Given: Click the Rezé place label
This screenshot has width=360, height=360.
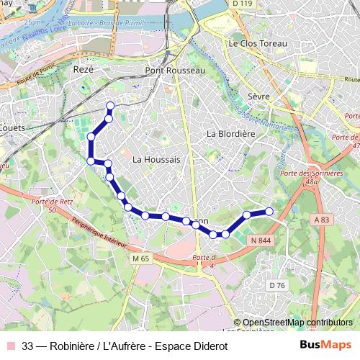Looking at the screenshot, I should pos(84,70).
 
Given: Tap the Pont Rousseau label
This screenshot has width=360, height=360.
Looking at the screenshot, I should pos(175,71).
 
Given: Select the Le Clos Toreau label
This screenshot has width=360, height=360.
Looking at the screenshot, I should pos(257,43).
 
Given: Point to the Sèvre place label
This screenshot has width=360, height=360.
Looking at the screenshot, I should pos(258,96).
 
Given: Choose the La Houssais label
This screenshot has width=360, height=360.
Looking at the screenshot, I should pos(156,158).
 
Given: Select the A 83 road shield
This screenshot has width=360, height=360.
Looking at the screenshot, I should pos(320,219).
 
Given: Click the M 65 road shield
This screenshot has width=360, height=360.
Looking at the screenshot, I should pos(140,257).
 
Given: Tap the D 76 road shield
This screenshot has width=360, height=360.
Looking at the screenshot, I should pos(277,286).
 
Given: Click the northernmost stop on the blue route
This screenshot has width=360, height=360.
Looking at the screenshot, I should pos(110,107).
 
